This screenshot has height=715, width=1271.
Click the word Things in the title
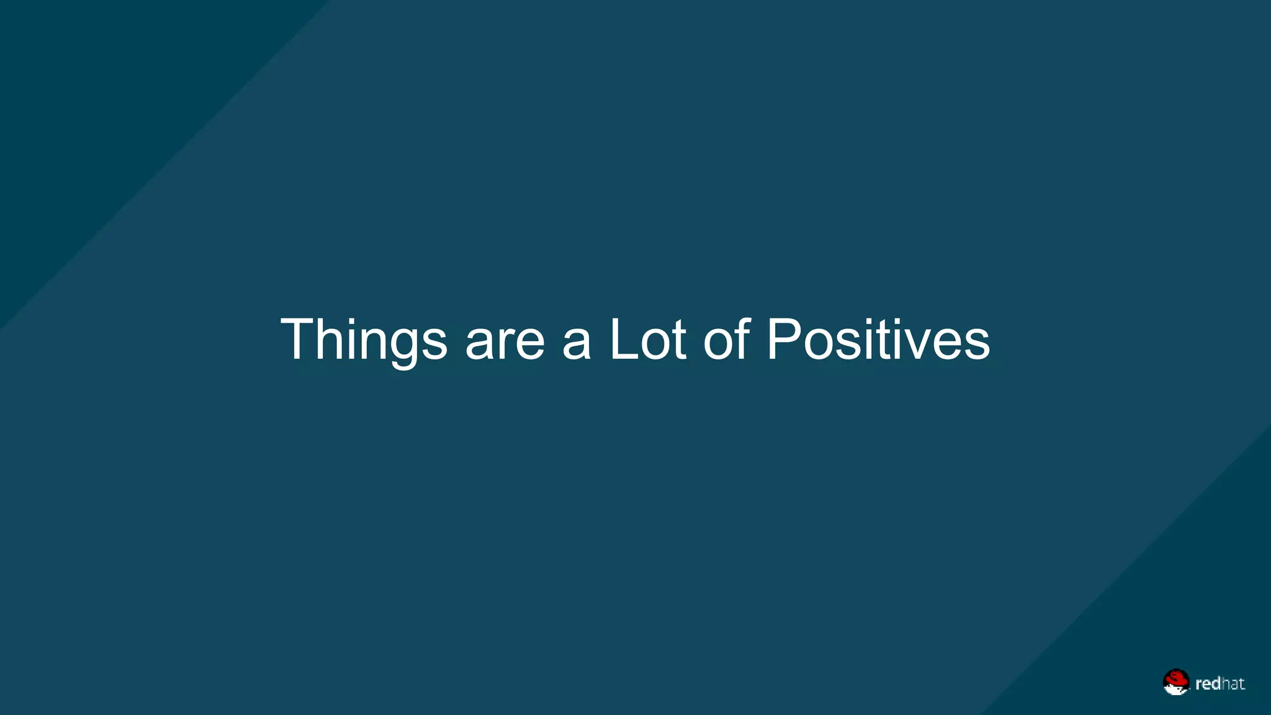pos(364,340)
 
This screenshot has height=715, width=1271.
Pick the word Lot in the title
pos(648,340)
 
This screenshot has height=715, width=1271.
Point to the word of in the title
pos(727,340)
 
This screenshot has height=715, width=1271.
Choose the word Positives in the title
pos(878,340)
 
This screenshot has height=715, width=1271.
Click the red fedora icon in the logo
pos(1175,681)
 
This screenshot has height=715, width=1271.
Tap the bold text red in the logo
pos(1208,683)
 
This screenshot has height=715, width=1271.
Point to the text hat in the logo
pos(1233,683)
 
